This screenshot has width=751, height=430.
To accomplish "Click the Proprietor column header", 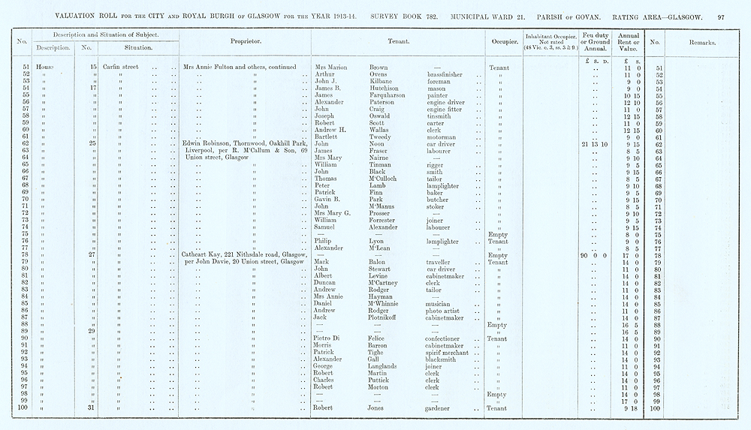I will [246, 42].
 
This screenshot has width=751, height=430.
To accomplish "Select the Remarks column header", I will [701, 42].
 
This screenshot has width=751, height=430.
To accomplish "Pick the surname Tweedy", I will [382, 137].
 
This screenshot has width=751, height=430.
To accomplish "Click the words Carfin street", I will [120, 68].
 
